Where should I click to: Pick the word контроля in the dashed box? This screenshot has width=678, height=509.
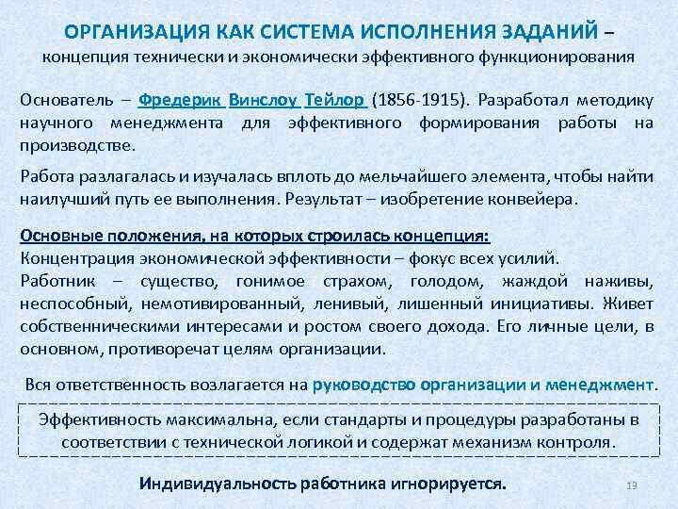(x=582, y=441)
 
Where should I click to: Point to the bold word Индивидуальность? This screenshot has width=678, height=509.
(x=217, y=484)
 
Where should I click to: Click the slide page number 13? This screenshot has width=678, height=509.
(x=632, y=484)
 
